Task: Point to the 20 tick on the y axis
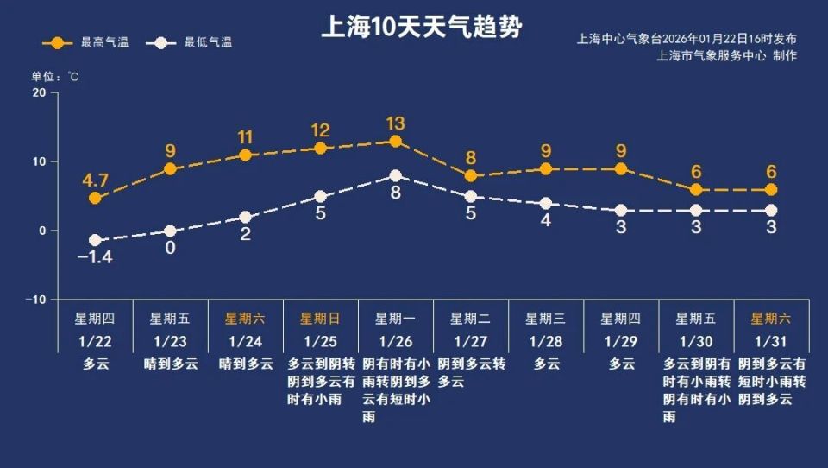point(39,92)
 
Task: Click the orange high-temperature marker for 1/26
point(395,141)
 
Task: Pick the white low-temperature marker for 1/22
point(95,240)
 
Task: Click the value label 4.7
point(95,180)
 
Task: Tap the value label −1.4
point(95,257)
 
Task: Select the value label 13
point(395,123)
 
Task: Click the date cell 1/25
point(320,341)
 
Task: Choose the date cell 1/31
point(771,341)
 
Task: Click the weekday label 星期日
point(320,318)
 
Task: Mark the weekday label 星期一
point(395,318)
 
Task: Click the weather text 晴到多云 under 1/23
point(170,364)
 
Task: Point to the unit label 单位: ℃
point(55,76)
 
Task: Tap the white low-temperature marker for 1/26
point(395,175)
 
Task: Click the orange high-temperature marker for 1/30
point(696,189)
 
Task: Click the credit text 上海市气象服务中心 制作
point(726,56)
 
